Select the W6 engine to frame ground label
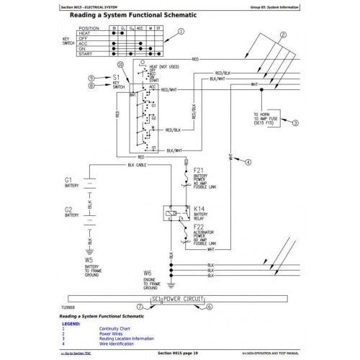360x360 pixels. (x=148, y=274)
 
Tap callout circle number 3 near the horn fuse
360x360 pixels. (x=294, y=124)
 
